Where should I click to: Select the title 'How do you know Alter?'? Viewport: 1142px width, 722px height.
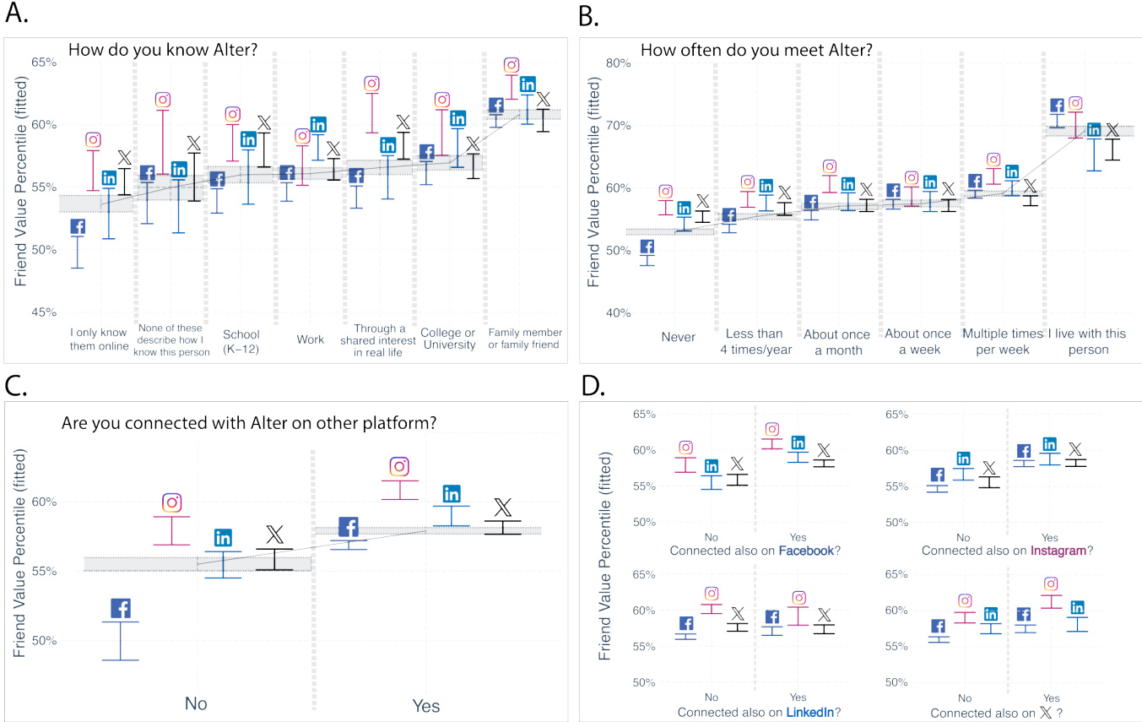click(163, 50)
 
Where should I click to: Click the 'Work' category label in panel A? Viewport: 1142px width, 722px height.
click(311, 339)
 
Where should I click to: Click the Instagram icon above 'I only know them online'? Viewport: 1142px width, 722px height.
click(94, 140)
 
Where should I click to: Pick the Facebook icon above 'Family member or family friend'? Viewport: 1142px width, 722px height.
click(496, 106)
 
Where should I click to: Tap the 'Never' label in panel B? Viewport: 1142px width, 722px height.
click(679, 337)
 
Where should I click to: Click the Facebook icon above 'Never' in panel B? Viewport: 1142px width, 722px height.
click(648, 247)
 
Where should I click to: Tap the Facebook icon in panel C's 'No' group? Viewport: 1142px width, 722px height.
click(120, 608)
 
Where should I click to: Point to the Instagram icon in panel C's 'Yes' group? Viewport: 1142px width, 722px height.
click(400, 466)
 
